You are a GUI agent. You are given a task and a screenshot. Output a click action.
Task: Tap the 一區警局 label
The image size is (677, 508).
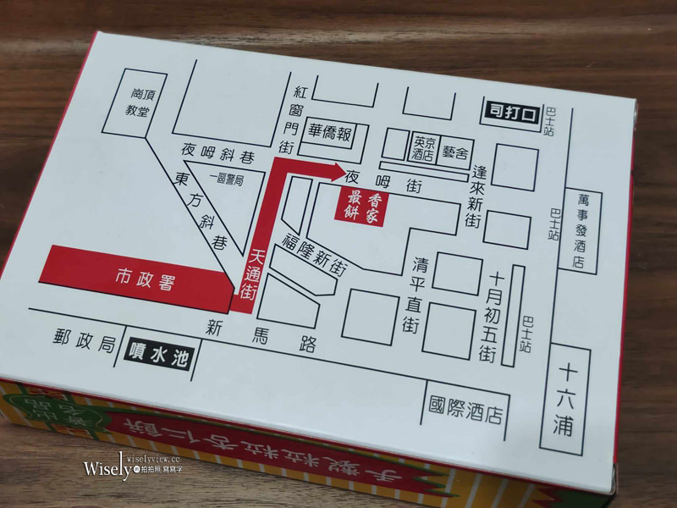[229, 179]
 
